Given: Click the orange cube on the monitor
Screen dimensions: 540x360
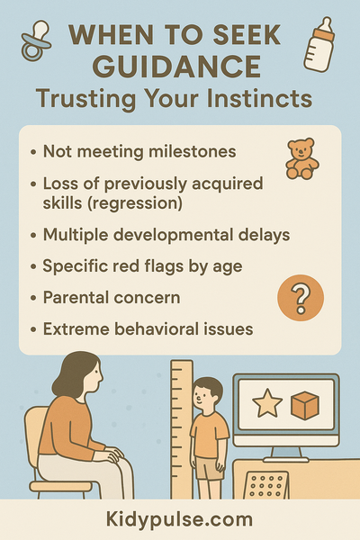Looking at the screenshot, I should [304, 405].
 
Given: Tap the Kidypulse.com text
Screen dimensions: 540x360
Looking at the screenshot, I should [180, 520].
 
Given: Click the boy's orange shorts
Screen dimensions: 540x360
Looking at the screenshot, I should [209, 468].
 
